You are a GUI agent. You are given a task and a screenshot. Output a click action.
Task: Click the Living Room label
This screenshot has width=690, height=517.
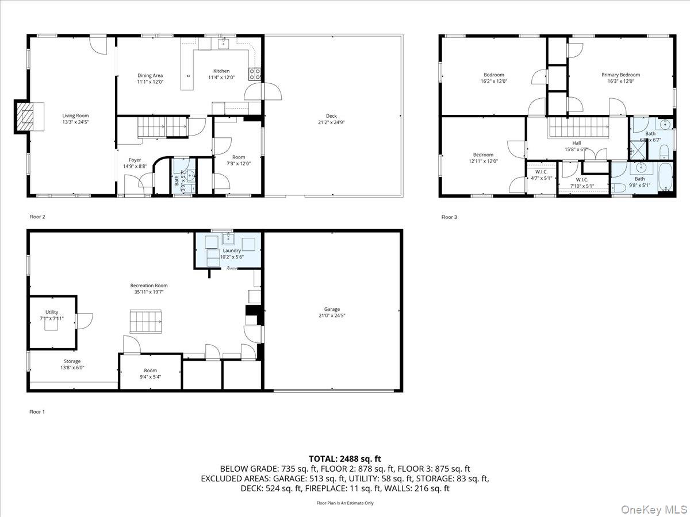[x=75, y=115]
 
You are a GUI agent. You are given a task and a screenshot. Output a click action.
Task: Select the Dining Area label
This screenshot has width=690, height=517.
[x=149, y=75]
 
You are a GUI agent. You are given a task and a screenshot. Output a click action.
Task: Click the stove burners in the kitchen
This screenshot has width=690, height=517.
[x=255, y=73]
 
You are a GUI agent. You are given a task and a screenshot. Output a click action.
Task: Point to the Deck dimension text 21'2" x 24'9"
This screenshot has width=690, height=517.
[x=331, y=122]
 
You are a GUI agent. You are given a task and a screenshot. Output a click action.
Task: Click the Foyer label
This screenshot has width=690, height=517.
[x=135, y=160]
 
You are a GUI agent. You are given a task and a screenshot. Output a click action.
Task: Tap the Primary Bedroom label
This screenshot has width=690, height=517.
[x=620, y=75]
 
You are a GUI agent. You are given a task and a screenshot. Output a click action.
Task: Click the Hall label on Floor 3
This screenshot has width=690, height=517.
[x=576, y=143]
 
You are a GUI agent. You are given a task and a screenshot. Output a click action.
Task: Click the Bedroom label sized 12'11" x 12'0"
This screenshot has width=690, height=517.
[x=483, y=155]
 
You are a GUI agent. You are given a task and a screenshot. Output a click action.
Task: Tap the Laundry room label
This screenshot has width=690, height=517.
[x=231, y=250]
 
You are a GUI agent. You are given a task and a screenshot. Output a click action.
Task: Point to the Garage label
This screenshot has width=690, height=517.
[x=332, y=309]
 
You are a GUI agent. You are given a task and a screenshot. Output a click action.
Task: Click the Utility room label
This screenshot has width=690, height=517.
[x=52, y=312]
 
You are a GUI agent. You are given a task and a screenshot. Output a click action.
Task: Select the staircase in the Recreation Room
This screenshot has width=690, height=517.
[x=145, y=321]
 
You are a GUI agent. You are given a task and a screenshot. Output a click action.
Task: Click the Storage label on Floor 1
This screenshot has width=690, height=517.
[x=72, y=361]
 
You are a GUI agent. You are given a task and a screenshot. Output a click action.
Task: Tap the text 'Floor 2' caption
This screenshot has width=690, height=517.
[x=37, y=217]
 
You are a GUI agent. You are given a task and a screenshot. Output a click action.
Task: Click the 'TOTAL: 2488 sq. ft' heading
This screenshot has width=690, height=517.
[x=345, y=458]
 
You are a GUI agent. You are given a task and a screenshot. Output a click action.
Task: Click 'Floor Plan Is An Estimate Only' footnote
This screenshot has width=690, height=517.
[x=345, y=503]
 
